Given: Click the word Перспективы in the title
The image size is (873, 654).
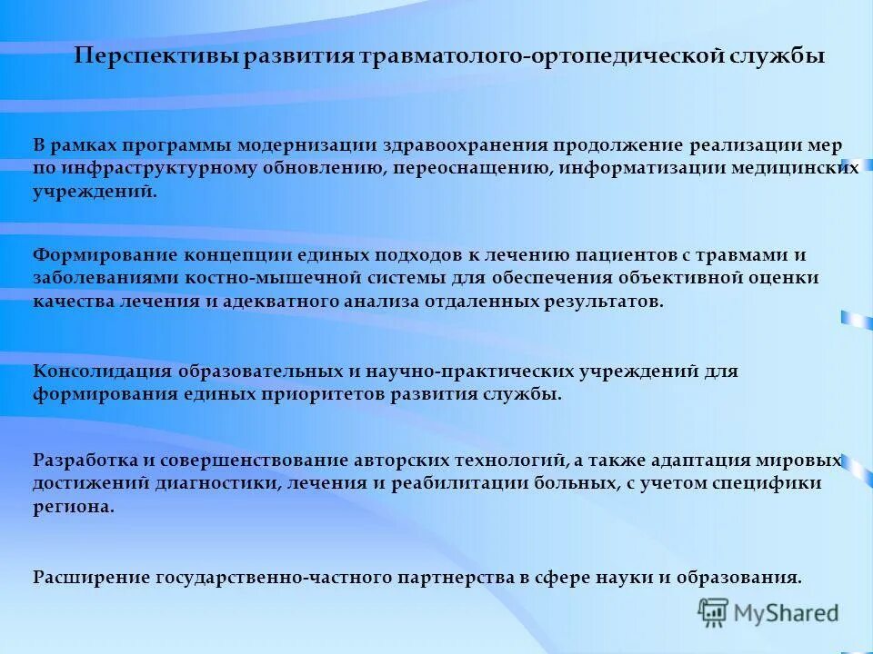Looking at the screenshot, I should pyautogui.click(x=156, y=56).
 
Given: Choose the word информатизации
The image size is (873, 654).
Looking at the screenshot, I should pyautogui.click(x=637, y=169).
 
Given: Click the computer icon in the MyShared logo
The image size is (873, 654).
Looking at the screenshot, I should pyautogui.click(x=714, y=613).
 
